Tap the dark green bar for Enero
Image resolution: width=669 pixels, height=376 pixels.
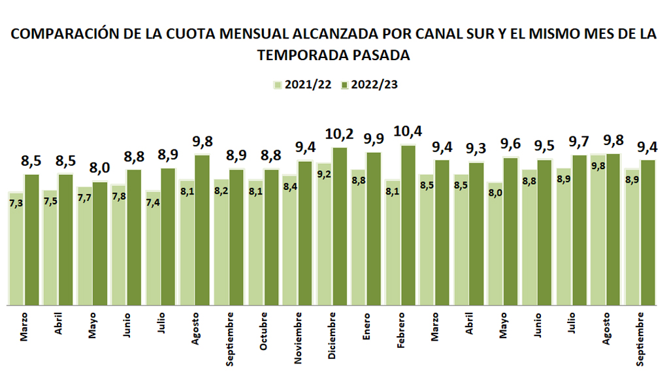pyautogui.click(x=374, y=228)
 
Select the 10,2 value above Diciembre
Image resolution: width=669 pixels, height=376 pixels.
pyautogui.click(x=339, y=135)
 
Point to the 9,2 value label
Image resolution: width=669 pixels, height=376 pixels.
pyautogui.click(x=323, y=174)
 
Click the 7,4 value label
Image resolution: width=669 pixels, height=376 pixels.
pyautogui.click(x=153, y=204)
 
